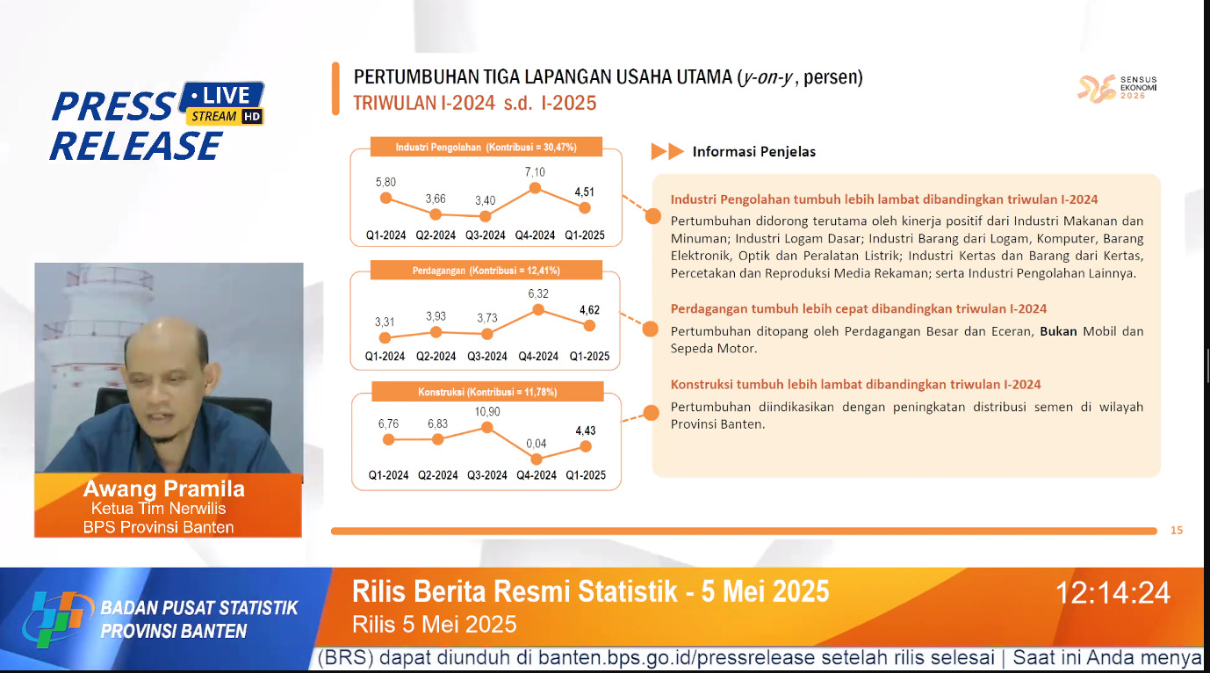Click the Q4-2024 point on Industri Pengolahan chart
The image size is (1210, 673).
click(x=535, y=188)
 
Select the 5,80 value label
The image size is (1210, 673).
click(x=385, y=182)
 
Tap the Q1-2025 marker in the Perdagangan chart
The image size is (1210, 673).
click(x=589, y=325)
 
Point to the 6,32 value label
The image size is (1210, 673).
click(x=537, y=294)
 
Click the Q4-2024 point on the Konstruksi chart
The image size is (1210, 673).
click(x=537, y=459)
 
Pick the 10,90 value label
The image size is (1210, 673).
click(x=487, y=411)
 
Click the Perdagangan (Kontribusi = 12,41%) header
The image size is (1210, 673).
click(x=486, y=270)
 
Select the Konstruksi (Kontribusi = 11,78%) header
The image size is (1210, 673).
click(x=486, y=391)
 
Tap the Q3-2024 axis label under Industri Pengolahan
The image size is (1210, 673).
click(x=486, y=235)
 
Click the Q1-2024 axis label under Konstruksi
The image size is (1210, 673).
click(x=388, y=475)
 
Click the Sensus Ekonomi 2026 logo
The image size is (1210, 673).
click(x=1117, y=88)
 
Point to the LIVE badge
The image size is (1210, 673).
click(x=227, y=95)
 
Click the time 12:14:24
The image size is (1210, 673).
click(x=1113, y=593)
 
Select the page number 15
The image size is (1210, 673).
click(x=1177, y=530)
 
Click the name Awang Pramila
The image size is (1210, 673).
click(x=164, y=489)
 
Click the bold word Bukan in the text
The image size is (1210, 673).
click(x=1058, y=331)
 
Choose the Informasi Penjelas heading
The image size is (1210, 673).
click(x=753, y=152)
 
